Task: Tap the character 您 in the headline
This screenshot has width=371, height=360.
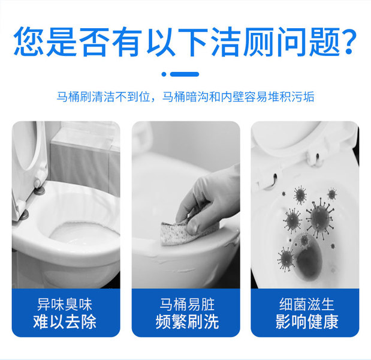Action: coord(29,41)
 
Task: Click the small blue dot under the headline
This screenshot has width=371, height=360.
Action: coord(164,74)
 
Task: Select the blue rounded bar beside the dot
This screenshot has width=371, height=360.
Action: coord(185,74)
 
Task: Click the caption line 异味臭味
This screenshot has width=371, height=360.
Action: coord(64,305)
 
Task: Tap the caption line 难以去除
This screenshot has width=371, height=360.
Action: coord(65,322)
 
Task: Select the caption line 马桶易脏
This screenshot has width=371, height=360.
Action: coord(187,305)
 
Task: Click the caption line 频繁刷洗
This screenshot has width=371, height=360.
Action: coord(187,322)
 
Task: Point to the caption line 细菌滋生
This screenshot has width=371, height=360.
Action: coord(306,305)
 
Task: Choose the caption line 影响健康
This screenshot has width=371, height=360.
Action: coord(307,322)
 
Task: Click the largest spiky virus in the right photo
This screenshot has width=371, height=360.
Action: coord(320,218)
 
